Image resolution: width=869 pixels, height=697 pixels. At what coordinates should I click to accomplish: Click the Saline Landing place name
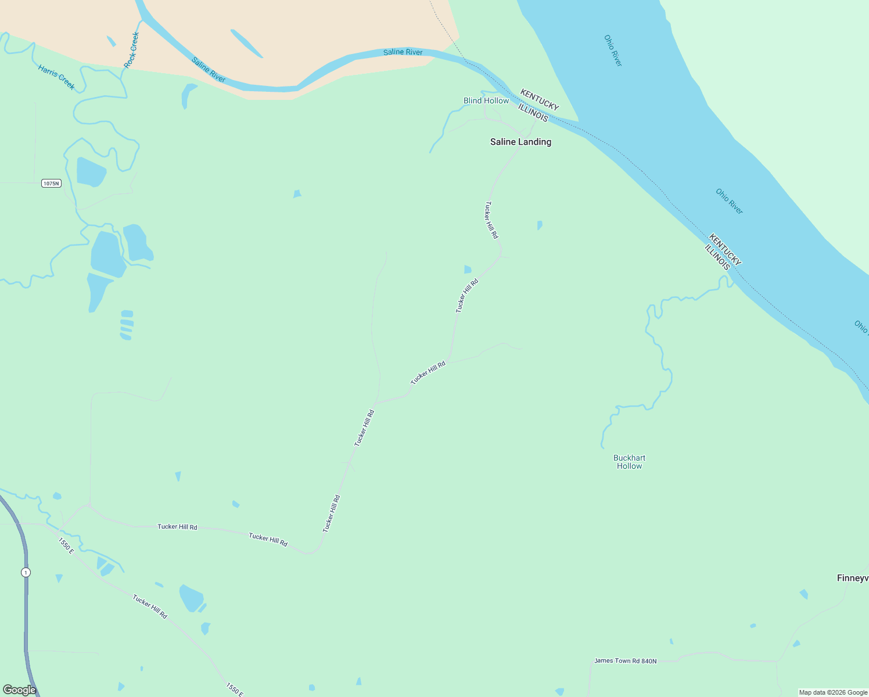[x=520, y=142]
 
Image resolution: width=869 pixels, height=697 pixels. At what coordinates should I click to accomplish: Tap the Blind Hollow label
[x=486, y=100]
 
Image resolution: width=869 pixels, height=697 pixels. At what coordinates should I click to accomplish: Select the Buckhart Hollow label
[x=629, y=462]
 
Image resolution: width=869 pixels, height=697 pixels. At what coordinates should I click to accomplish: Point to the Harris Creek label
[x=56, y=77]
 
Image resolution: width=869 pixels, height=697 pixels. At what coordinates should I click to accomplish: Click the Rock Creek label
[x=132, y=49]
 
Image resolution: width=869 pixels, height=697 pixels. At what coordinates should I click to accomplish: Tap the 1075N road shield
[x=51, y=184]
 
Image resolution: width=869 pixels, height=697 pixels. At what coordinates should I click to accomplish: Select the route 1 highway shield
[x=26, y=572]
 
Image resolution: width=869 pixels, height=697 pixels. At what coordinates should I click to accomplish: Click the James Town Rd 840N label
[x=625, y=661]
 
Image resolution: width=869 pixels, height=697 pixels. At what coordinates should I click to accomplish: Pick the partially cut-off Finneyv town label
[x=852, y=578]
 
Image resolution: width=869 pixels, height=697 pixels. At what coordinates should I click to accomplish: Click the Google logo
[x=19, y=690]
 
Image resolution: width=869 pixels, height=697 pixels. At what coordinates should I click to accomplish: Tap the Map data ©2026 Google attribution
[x=833, y=692]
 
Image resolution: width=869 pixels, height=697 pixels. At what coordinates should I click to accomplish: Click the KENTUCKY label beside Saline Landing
[x=539, y=99]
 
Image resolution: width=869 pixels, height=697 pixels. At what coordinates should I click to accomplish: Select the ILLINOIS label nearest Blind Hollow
[x=533, y=113]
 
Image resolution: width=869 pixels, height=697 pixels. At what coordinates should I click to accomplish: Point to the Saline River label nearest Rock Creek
[x=208, y=70]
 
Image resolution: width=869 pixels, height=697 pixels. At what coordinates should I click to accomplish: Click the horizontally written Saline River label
[x=403, y=52]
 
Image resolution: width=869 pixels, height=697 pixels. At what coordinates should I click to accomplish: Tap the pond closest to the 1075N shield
[x=91, y=171]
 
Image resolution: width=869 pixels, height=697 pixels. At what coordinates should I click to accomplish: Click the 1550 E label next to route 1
[x=66, y=545]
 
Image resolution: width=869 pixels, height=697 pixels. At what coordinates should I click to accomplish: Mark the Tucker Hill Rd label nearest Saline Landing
[x=491, y=220]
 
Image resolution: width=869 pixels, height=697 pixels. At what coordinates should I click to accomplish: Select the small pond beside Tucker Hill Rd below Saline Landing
[x=468, y=269]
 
